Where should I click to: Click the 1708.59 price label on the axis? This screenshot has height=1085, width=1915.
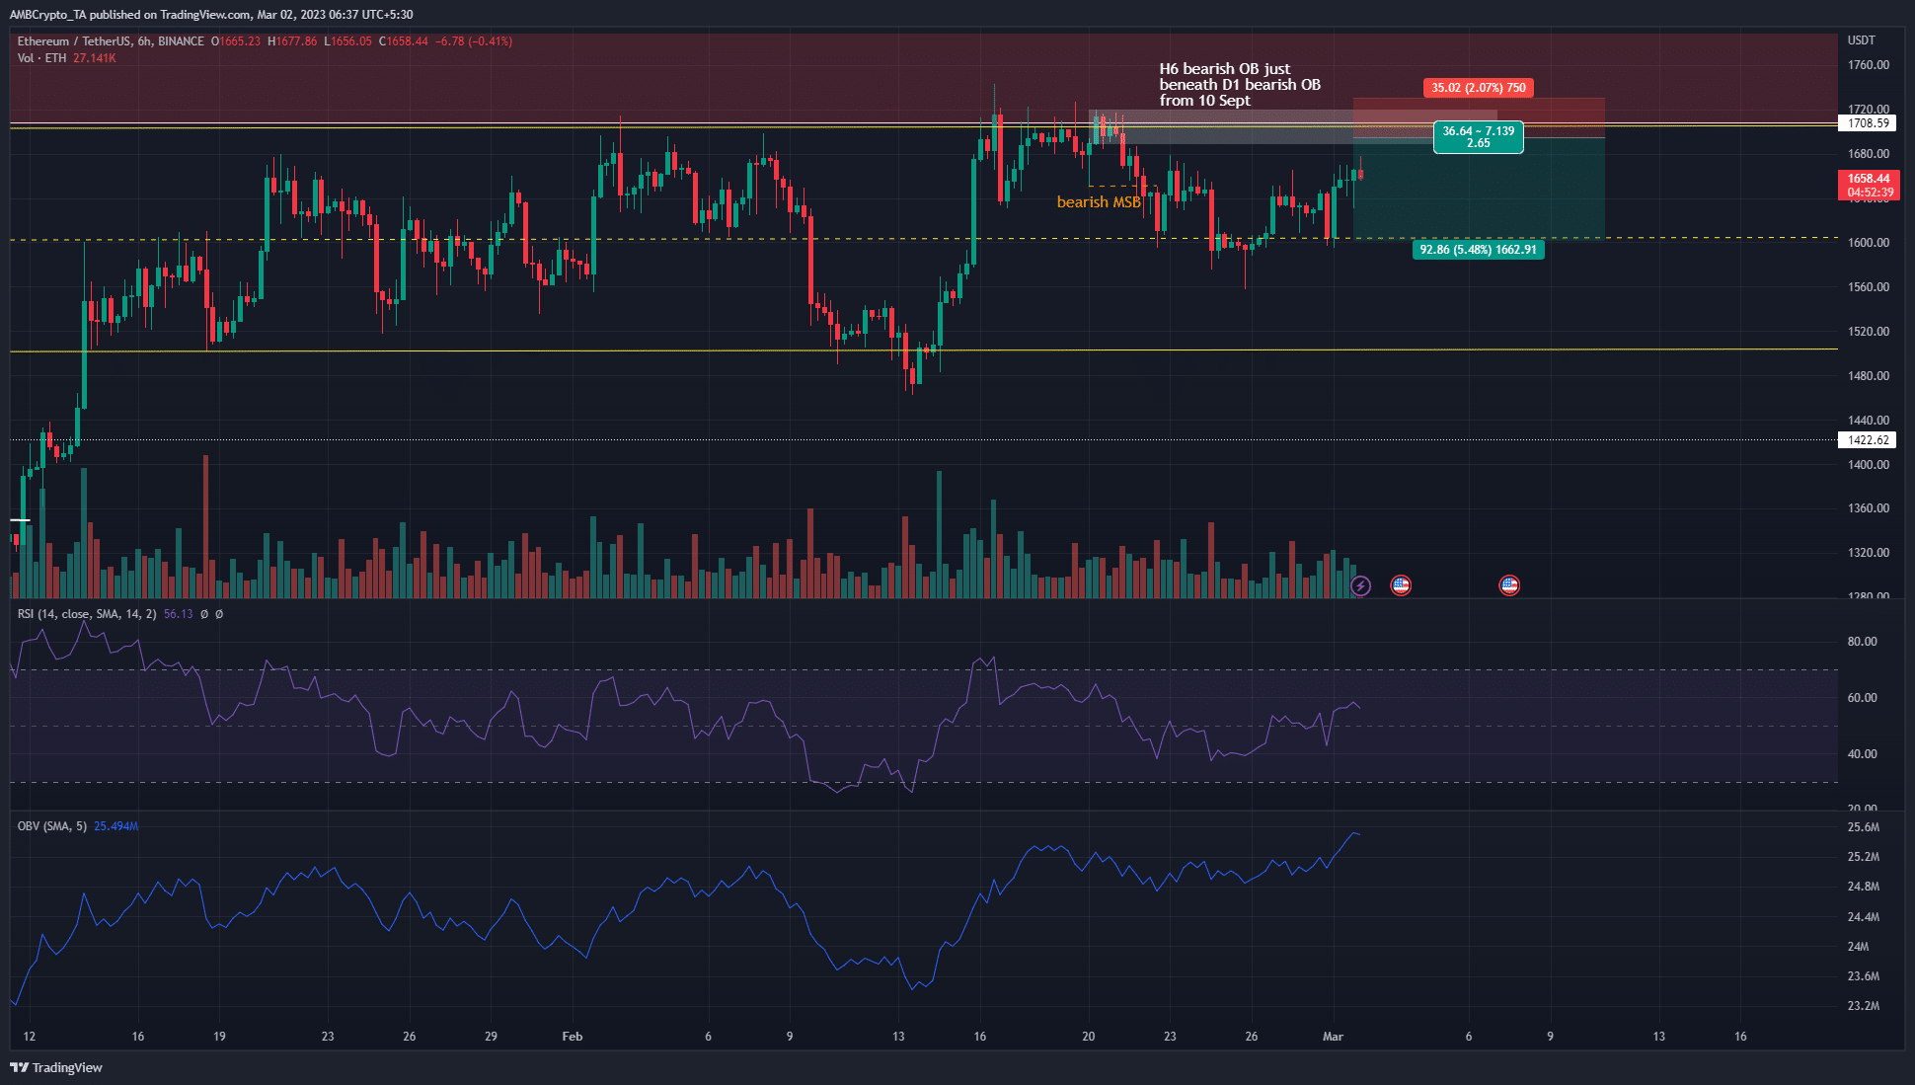pyautogui.click(x=1868, y=123)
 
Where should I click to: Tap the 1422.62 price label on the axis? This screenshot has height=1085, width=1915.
pyautogui.click(x=1868, y=440)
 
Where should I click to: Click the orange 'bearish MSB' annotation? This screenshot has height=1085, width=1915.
pyautogui.click(x=1098, y=202)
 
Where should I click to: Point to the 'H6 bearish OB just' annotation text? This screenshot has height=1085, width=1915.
pyautogui.click(x=1224, y=69)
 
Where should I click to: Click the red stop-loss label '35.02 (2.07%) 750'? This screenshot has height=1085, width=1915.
pyautogui.click(x=1478, y=88)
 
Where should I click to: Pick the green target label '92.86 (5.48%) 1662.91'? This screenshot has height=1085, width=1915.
pyautogui.click(x=1478, y=250)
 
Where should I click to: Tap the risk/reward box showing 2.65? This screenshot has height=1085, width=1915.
pyautogui.click(x=1478, y=137)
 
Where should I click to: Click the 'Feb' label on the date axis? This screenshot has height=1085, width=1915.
pyautogui.click(x=573, y=1037)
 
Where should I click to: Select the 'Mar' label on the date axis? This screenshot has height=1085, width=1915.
pyautogui.click(x=1333, y=1037)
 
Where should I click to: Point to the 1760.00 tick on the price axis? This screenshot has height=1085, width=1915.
pyautogui.click(x=1868, y=65)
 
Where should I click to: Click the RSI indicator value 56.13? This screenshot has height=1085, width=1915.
pyautogui.click(x=179, y=614)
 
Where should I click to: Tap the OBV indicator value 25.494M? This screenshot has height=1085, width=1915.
pyautogui.click(x=115, y=826)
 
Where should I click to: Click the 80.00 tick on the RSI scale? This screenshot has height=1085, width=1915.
pyautogui.click(x=1862, y=642)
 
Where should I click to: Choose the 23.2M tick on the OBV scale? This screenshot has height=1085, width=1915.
pyautogui.click(x=1863, y=1006)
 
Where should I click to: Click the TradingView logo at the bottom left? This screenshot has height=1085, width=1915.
pyautogui.click(x=56, y=1067)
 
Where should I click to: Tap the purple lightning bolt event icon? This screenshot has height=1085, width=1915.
pyautogui.click(x=1360, y=586)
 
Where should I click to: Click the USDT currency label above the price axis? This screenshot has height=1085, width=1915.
pyautogui.click(x=1861, y=40)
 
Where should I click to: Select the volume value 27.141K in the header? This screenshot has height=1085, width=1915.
pyautogui.click(x=95, y=58)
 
